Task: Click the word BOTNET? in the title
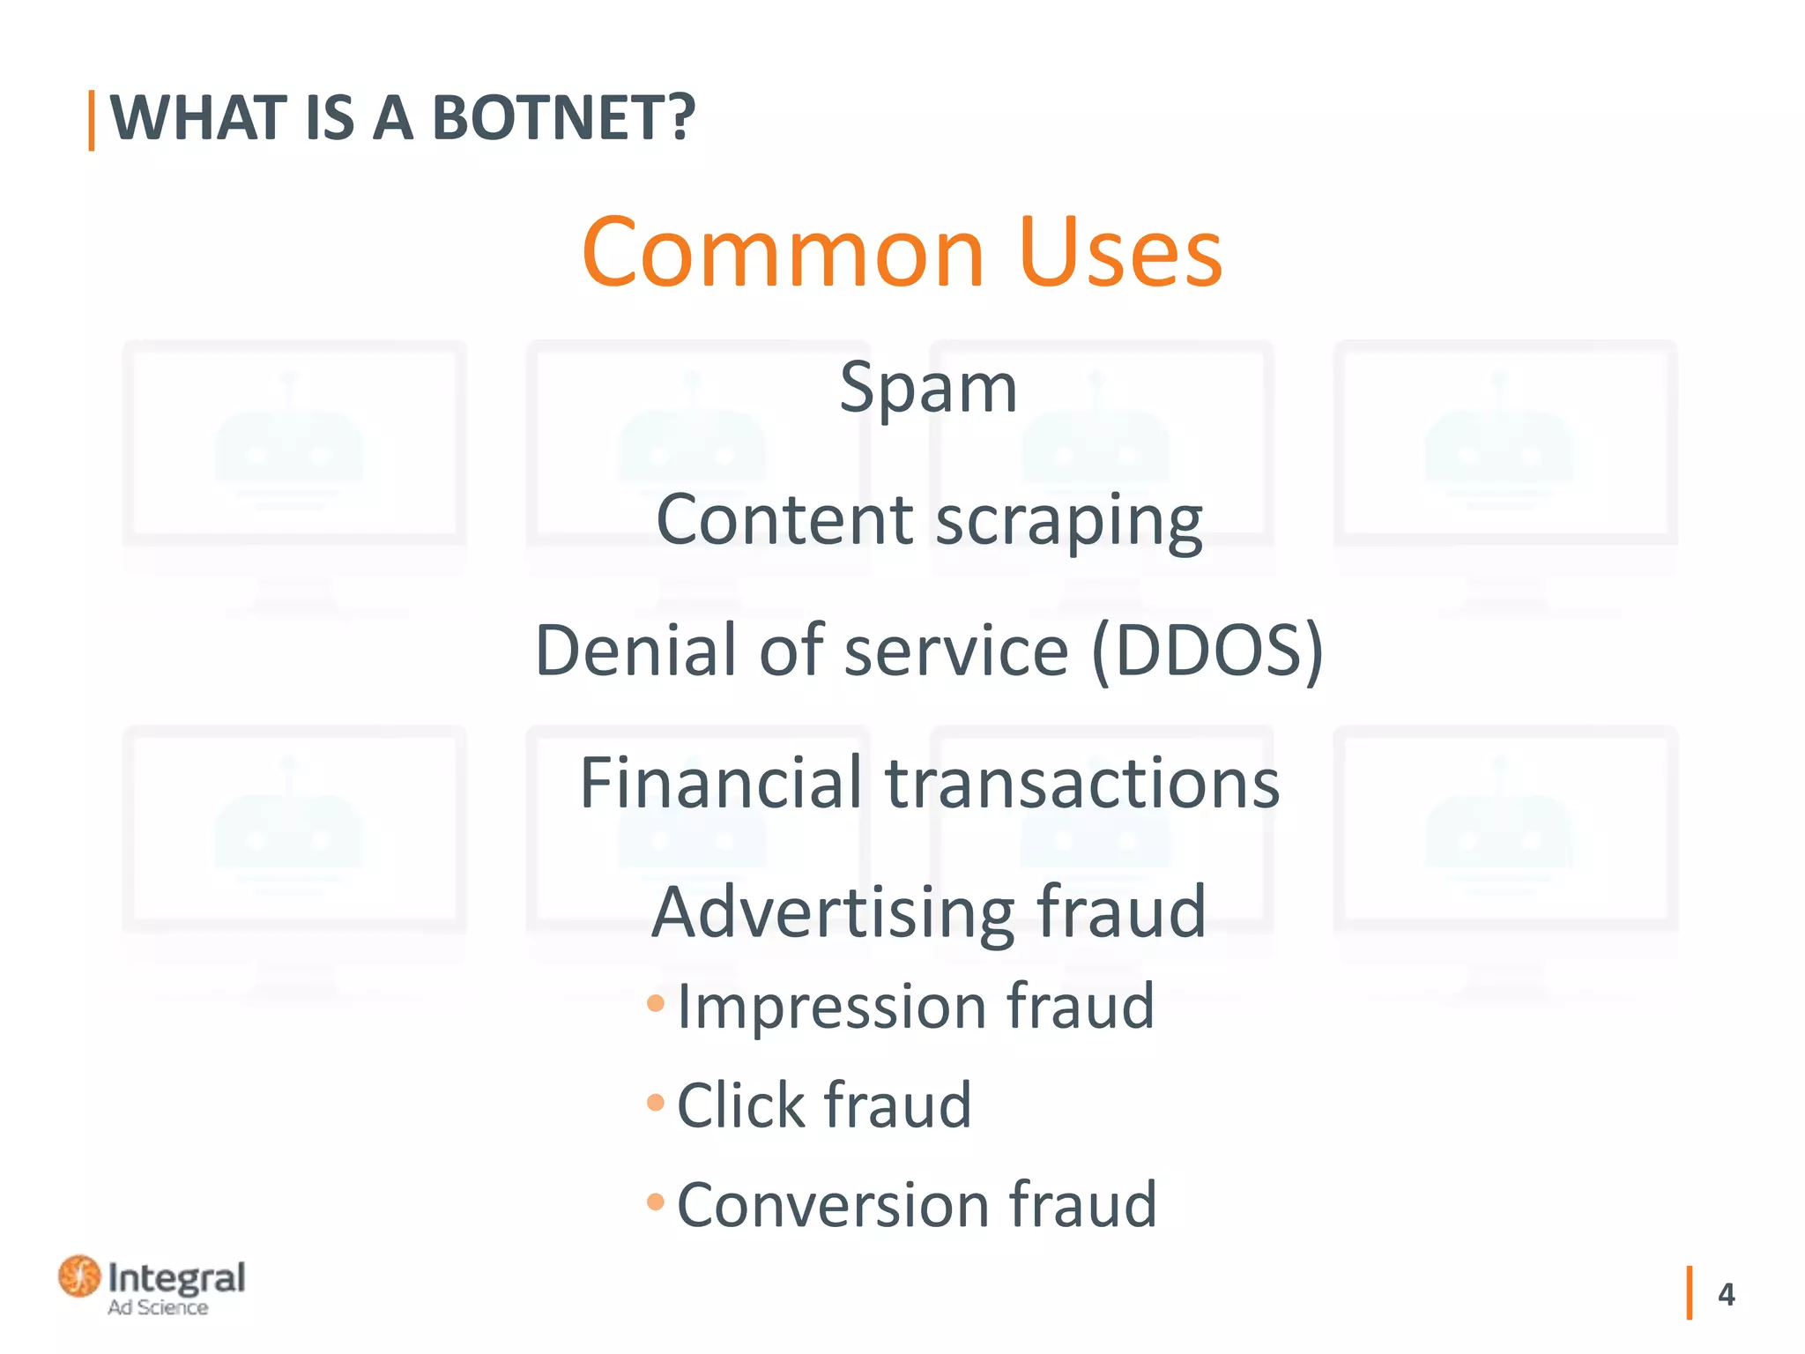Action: click(x=564, y=118)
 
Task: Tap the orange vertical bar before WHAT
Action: click(x=92, y=121)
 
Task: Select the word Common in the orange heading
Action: click(x=783, y=253)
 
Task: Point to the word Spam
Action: click(x=928, y=388)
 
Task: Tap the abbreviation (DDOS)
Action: click(x=1207, y=651)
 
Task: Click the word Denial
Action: click(x=636, y=651)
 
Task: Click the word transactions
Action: click(x=1082, y=783)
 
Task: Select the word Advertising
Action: click(x=833, y=914)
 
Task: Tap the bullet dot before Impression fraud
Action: click(x=655, y=1003)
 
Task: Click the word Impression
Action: click(x=831, y=1007)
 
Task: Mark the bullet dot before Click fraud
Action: click(x=655, y=1102)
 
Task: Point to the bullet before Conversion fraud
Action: click(x=655, y=1201)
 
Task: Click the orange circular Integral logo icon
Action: click(x=79, y=1276)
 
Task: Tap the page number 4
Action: click(x=1726, y=1294)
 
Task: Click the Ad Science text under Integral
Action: click(x=158, y=1308)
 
